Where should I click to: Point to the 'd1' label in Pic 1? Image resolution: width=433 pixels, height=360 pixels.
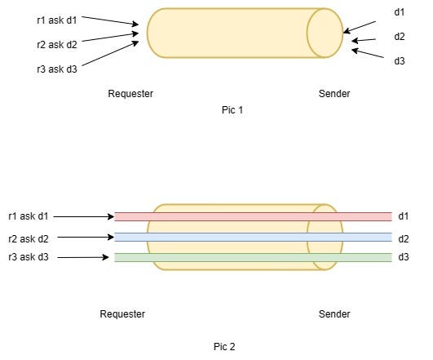pyautogui.click(x=399, y=12)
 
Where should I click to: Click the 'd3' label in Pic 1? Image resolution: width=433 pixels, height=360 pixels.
pyautogui.click(x=399, y=60)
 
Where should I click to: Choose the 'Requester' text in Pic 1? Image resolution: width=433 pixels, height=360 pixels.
pyautogui.click(x=130, y=94)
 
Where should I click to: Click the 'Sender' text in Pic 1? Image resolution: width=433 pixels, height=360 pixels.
pyautogui.click(x=334, y=94)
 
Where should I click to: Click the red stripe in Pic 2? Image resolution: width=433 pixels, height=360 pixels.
pyautogui.click(x=253, y=216)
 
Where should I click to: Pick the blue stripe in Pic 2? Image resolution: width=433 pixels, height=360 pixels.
pyautogui.click(x=253, y=238)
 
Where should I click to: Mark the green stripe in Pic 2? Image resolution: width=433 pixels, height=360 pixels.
pyautogui.click(x=253, y=257)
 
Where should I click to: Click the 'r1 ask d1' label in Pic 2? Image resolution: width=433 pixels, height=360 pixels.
pyautogui.click(x=29, y=216)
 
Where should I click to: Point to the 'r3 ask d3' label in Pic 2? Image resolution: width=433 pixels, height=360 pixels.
pyautogui.click(x=29, y=258)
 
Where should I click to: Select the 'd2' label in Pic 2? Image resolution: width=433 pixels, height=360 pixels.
pyautogui.click(x=403, y=238)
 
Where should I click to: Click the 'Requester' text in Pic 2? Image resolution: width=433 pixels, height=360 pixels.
pyautogui.click(x=122, y=314)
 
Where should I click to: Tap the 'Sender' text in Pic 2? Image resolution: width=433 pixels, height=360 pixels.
pyautogui.click(x=334, y=314)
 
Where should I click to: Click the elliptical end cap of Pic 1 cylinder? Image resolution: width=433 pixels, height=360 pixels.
pyautogui.click(x=325, y=33)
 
